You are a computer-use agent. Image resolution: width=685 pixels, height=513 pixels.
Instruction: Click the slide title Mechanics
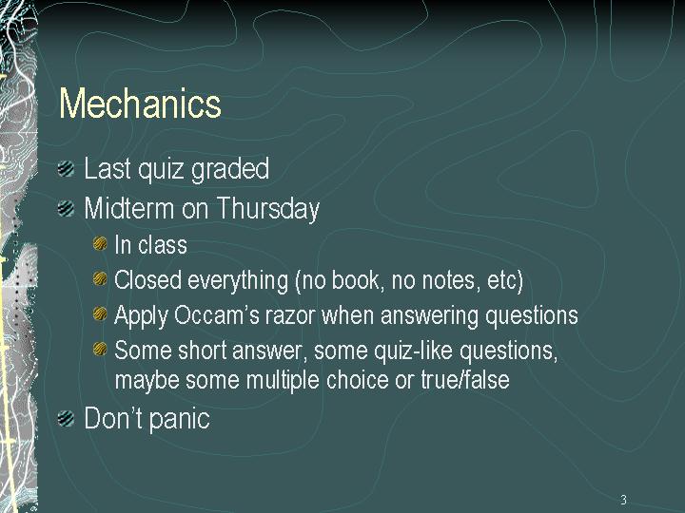140,103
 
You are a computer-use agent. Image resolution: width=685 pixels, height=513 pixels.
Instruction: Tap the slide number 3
623,500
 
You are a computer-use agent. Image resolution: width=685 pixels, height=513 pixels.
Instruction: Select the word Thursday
267,208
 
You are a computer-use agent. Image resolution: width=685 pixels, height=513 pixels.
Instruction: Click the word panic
179,419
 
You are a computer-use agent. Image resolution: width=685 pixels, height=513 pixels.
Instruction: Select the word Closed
147,279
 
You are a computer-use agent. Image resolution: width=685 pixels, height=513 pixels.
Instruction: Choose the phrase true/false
465,379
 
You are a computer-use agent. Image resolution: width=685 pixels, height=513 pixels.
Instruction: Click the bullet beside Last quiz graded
66,168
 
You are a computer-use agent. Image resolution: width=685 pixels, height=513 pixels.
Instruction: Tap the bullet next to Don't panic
66,418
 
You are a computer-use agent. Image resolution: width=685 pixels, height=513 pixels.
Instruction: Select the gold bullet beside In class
100,243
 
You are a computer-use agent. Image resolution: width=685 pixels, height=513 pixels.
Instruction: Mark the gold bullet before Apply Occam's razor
100,313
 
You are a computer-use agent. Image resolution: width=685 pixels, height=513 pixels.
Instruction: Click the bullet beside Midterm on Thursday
66,208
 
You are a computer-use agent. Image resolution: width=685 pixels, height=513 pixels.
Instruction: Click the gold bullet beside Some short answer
100,349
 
